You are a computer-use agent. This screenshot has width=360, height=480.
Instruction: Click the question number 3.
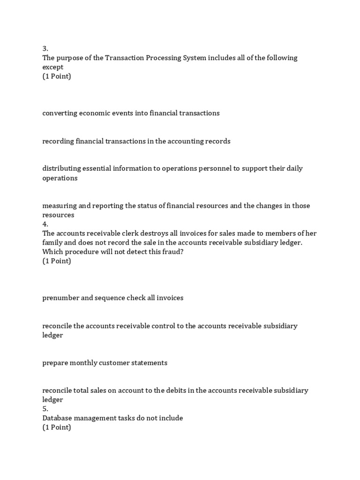tap(45, 48)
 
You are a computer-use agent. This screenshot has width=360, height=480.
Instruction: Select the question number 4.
tap(45, 224)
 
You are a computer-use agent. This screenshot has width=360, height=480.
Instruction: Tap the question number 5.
tap(45, 409)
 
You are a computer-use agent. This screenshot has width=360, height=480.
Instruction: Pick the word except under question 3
tap(53, 67)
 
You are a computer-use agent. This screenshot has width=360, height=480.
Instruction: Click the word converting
tap(59, 113)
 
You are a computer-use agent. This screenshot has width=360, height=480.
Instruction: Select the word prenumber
tap(60, 298)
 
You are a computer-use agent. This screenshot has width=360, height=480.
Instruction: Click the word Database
tap(57, 418)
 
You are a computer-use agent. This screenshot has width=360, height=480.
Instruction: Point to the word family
tap(52, 243)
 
